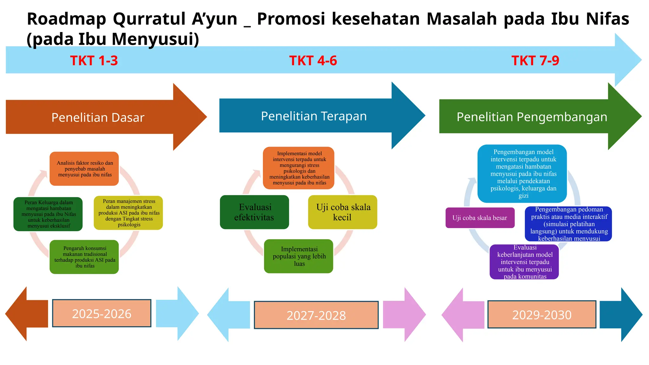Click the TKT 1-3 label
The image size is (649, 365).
[94, 61]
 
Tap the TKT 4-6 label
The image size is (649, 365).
[313, 61]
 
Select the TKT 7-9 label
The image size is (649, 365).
[535, 61]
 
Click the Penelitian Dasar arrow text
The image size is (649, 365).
[98, 118]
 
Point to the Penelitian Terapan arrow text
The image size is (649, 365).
[314, 116]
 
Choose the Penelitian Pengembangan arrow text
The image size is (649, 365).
[532, 117]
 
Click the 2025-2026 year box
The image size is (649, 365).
[102, 313]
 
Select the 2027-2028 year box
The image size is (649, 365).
[316, 315]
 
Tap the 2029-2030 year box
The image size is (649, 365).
[542, 314]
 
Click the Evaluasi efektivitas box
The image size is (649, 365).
[254, 212]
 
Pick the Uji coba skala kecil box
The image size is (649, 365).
[343, 212]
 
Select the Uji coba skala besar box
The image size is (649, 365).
[480, 218]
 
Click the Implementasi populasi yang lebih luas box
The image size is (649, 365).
[299, 256]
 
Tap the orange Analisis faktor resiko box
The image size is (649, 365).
[84, 169]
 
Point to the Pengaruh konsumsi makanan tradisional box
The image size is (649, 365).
[84, 257]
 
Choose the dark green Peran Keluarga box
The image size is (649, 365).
[48, 214]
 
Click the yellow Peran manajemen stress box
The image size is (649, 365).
[128, 213]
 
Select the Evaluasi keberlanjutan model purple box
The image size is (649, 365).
[524, 262]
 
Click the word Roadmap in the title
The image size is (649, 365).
[67, 19]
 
